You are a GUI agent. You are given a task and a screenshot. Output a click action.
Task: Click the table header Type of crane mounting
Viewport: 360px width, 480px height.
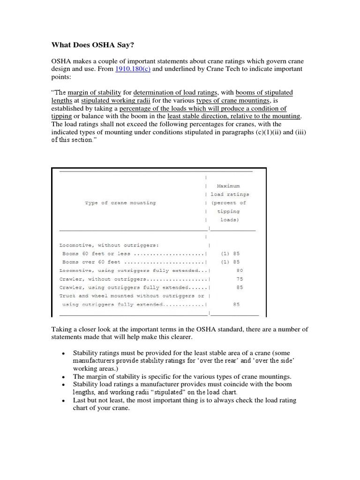click(x=120, y=203)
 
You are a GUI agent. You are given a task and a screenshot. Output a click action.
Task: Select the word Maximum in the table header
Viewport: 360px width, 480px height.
click(x=228, y=186)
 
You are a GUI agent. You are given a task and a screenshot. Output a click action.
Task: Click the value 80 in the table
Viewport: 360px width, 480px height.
click(x=240, y=270)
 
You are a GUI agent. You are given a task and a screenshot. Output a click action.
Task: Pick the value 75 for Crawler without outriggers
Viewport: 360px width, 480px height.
click(x=240, y=279)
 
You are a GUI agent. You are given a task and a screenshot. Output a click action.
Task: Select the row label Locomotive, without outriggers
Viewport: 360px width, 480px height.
click(x=109, y=245)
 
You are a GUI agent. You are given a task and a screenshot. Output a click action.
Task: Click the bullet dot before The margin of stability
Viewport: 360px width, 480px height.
click(x=63, y=377)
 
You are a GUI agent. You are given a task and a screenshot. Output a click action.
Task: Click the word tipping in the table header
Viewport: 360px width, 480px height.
click(x=228, y=211)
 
